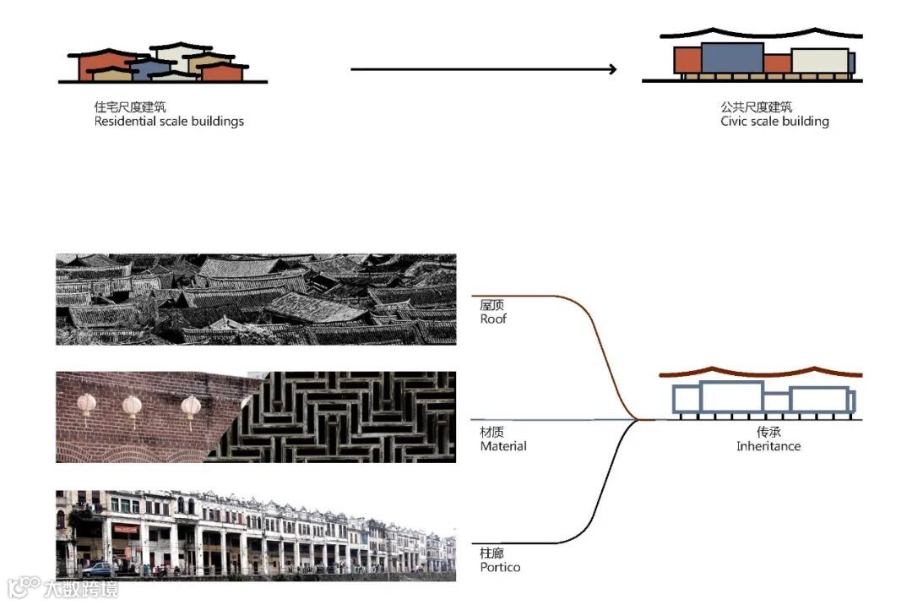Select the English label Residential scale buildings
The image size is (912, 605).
pos(169,121)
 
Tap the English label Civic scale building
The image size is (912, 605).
pos(774,121)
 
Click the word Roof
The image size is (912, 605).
pos(493,319)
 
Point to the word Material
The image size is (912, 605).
pos(503,446)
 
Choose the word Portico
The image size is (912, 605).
pos(500,567)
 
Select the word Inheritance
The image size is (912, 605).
pos(768,446)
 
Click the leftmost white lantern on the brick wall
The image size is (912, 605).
pos(86,404)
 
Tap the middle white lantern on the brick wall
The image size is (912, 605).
pos(132,406)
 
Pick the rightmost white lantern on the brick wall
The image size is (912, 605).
pos(191,406)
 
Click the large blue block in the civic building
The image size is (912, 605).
pos(732,57)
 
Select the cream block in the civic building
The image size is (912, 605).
pos(819,61)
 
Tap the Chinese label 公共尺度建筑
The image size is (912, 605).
pos(757,107)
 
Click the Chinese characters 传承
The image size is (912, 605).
pos(768,432)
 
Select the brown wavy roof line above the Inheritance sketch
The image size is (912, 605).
pos(760,373)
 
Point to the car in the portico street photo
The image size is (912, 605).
pos(97,569)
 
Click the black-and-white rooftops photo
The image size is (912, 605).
pos(256,299)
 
